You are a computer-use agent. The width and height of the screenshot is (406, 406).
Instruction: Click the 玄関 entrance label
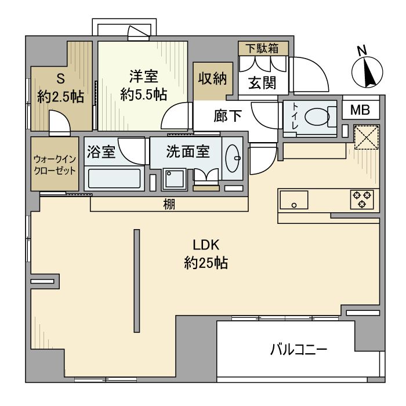[262, 83]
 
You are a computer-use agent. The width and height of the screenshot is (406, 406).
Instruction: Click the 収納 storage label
[212, 79]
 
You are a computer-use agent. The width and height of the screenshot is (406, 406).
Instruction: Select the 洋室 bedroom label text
[144, 77]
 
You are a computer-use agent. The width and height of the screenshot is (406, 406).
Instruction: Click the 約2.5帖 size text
[60, 97]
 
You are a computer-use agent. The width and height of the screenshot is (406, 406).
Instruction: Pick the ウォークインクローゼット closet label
[53, 164]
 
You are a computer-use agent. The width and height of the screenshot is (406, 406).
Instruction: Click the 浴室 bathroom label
[103, 152]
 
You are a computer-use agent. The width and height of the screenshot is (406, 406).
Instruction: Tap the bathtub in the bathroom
[114, 177]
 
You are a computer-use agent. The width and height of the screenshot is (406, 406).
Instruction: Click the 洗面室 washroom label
[187, 152]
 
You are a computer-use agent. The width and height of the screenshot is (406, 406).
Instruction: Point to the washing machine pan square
[172, 179]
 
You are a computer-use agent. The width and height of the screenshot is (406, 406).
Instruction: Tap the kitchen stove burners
[361, 199]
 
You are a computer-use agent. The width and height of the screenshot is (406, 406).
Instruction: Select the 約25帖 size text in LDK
[205, 263]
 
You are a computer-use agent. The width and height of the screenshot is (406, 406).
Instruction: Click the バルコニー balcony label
[299, 350]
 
